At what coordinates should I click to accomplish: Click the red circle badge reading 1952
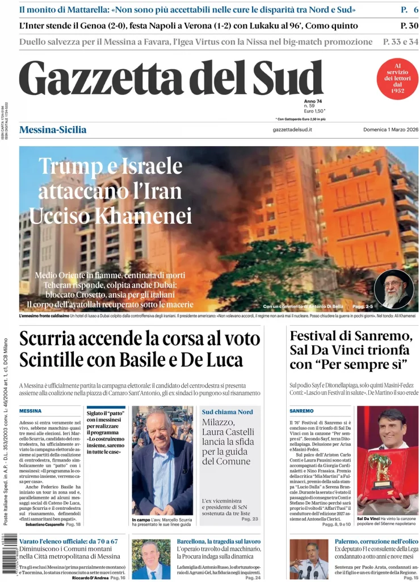click(397, 79)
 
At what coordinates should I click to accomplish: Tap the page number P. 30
click(409, 26)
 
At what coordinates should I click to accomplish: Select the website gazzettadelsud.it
click(292, 130)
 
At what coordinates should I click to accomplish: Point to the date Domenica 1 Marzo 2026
click(390, 130)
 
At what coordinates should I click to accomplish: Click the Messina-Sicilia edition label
click(53, 130)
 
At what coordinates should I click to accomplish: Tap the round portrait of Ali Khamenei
click(394, 289)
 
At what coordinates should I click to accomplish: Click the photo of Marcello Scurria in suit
click(162, 460)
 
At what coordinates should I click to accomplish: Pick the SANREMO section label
click(301, 410)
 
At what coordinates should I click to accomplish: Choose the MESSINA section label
click(30, 410)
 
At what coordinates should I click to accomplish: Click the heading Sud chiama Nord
click(227, 411)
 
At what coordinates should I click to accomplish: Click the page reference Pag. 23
click(250, 519)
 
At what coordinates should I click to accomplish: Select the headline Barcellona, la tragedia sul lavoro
click(219, 542)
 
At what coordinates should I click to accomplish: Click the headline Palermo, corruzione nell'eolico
click(376, 542)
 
